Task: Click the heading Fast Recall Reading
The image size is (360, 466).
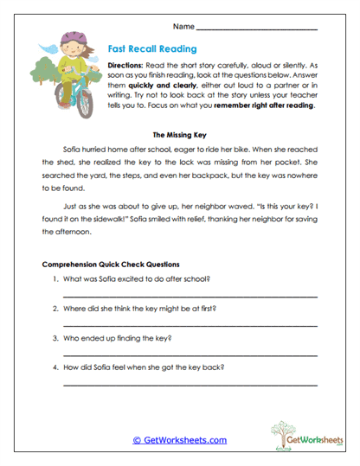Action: click(154, 49)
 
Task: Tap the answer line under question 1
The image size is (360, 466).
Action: click(190, 297)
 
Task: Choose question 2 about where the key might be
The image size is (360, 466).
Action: click(140, 308)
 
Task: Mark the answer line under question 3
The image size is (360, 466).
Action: click(190, 355)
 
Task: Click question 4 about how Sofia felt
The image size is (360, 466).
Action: click(144, 367)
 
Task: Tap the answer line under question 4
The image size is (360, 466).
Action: click(190, 385)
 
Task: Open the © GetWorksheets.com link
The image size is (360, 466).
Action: click(179, 440)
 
